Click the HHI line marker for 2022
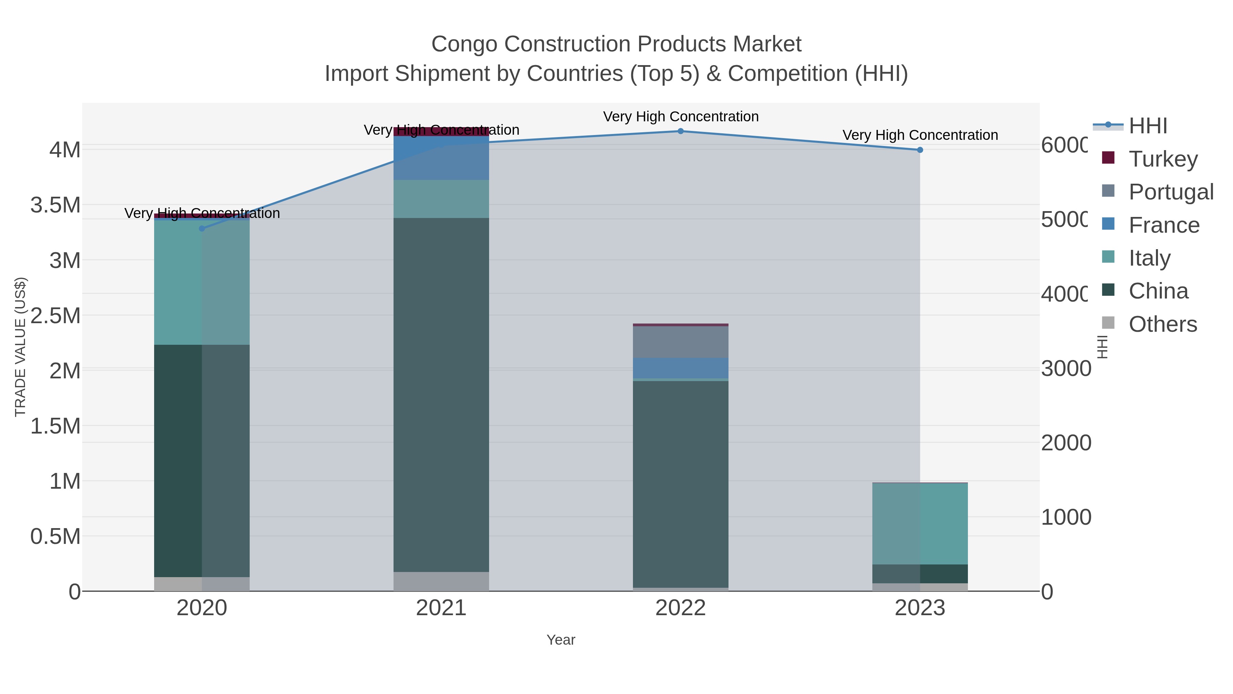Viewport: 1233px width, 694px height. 680,131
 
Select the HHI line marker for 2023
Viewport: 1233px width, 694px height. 920,150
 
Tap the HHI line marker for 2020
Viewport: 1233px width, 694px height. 201,229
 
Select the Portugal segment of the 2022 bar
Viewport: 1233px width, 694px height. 680,342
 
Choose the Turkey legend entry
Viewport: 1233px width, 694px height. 1163,159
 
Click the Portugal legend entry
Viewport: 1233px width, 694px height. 1171,192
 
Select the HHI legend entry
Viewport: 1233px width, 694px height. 1148,126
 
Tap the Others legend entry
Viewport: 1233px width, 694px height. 1163,324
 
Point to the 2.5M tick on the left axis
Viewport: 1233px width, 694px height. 55,316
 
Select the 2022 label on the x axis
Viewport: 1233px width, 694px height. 680,608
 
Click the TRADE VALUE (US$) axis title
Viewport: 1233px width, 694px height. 20,347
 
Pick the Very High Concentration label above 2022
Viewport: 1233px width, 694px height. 680,117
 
